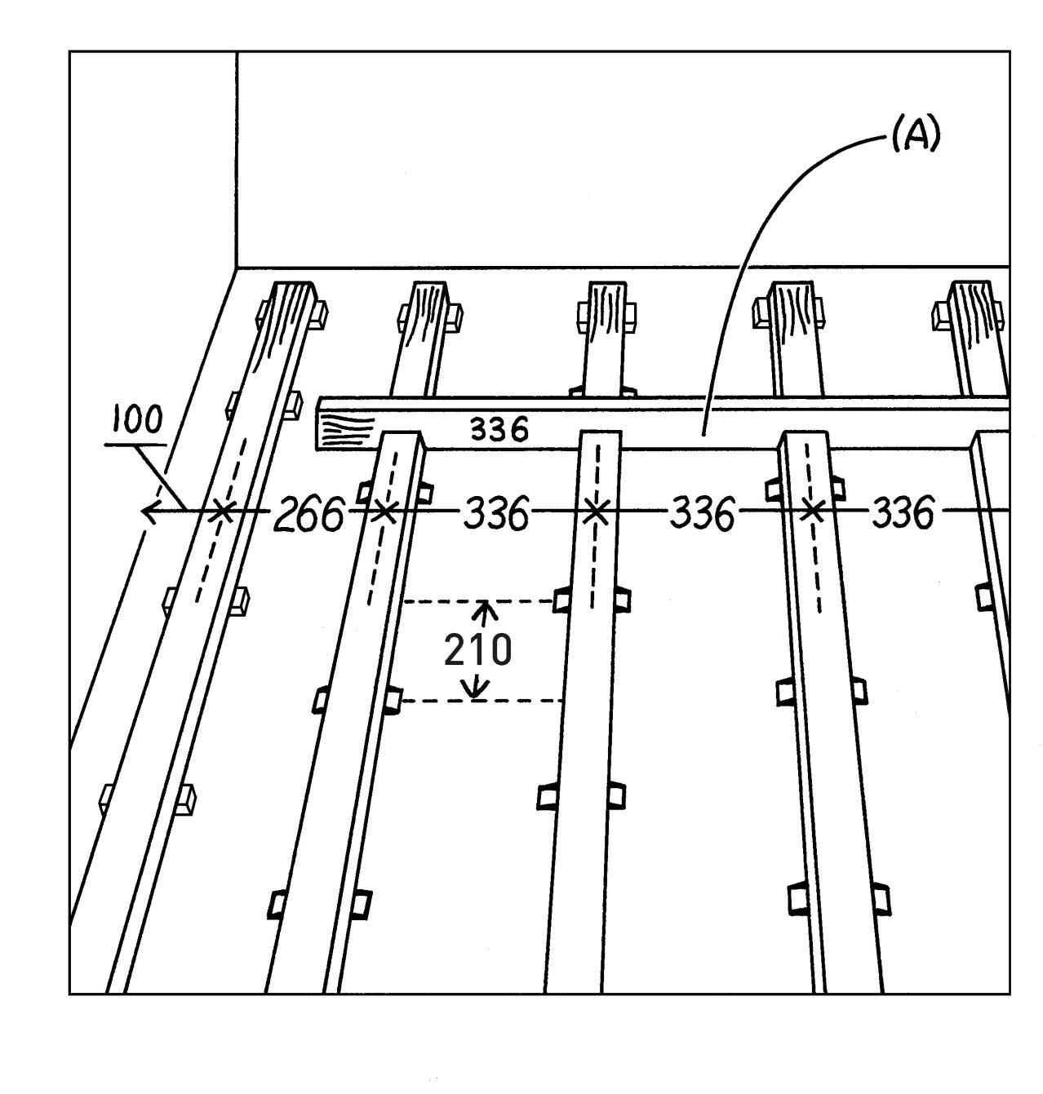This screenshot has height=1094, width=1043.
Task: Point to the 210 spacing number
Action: click(477, 650)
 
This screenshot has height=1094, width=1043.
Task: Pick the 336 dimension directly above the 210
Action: click(495, 515)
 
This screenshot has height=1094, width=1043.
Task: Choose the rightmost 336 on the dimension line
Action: click(903, 513)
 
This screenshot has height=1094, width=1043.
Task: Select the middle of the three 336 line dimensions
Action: click(701, 514)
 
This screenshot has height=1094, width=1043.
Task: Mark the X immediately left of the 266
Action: click(221, 512)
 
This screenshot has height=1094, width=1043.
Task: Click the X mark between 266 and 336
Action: click(384, 512)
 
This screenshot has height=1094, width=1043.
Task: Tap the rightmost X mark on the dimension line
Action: click(812, 512)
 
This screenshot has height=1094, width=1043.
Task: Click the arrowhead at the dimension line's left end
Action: click(149, 512)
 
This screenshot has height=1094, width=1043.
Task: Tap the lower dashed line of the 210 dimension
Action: click(482, 701)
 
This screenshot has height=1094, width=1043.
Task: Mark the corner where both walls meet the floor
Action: click(237, 268)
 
